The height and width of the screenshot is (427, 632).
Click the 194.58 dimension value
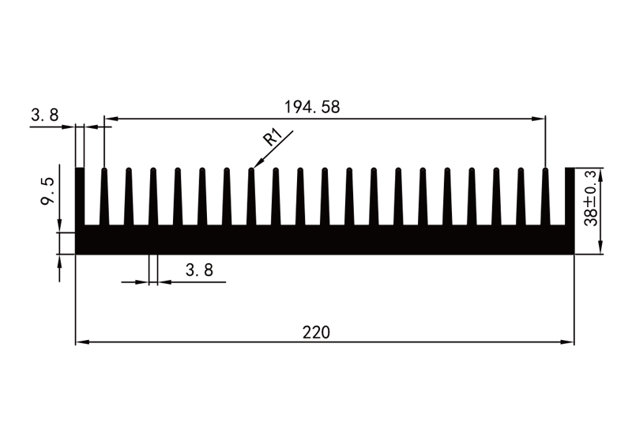click(x=312, y=107)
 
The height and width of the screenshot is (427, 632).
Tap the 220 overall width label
click(x=316, y=333)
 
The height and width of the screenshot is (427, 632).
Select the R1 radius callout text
click(x=273, y=138)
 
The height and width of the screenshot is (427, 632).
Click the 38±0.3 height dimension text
click(x=591, y=198)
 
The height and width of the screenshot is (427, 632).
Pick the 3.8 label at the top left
click(x=45, y=115)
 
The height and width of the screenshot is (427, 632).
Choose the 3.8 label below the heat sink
click(x=199, y=270)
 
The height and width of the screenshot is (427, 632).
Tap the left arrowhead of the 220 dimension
click(x=82, y=342)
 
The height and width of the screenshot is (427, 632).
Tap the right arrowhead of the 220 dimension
click(x=567, y=342)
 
